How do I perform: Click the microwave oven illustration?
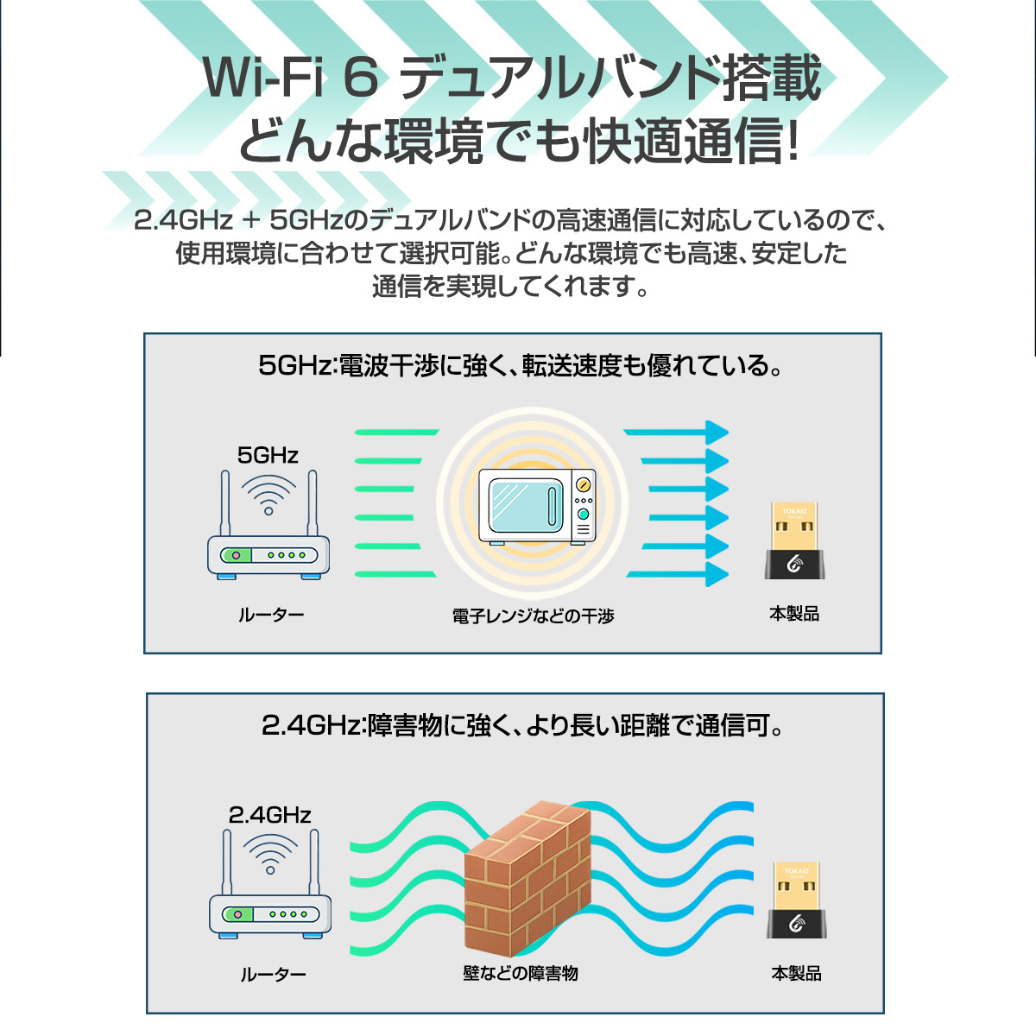click(x=537, y=507)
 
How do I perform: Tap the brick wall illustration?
click(x=527, y=879)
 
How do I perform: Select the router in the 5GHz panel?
click(x=268, y=525)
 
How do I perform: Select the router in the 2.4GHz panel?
click(x=270, y=884)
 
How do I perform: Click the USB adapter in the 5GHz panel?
click(x=794, y=540)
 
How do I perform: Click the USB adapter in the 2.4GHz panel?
click(x=796, y=900)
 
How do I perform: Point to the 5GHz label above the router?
click(x=268, y=455)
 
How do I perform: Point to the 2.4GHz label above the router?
click(x=270, y=815)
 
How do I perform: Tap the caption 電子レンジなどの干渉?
click(x=533, y=616)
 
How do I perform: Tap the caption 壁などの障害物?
click(x=521, y=973)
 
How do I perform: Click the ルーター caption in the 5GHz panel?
click(x=271, y=615)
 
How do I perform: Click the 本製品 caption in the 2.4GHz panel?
click(x=796, y=973)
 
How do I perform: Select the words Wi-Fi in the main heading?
click(x=264, y=78)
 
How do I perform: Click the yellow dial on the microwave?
click(x=584, y=485)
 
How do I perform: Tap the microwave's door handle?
click(x=553, y=506)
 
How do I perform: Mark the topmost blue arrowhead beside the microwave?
click(x=717, y=433)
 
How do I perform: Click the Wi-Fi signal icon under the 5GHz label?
click(x=268, y=496)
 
